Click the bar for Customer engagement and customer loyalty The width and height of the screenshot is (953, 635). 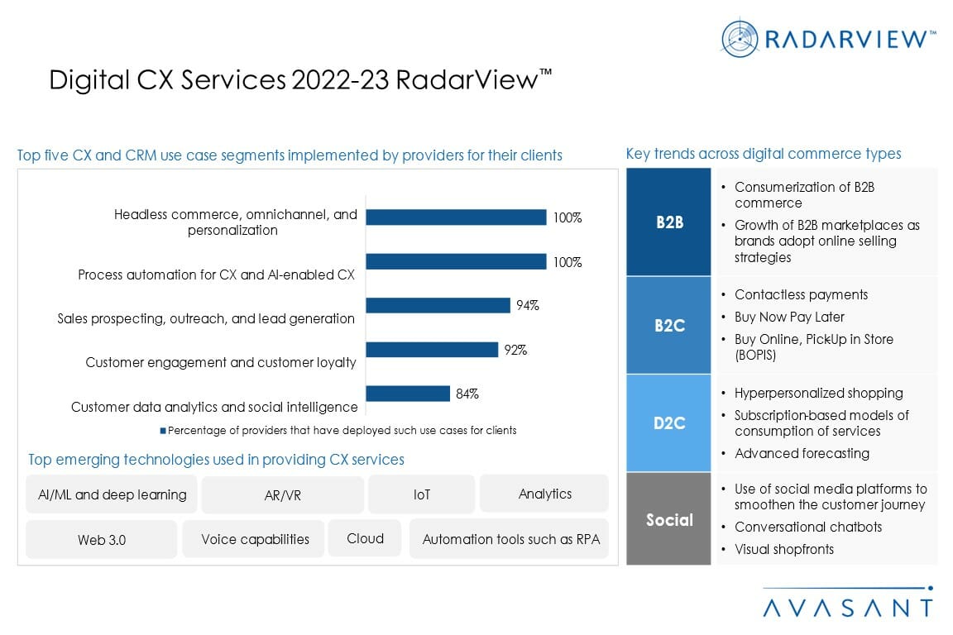(431, 350)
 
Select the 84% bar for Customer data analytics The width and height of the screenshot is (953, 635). (407, 394)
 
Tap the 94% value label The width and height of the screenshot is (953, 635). (527, 305)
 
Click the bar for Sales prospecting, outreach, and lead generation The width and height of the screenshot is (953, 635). (438, 305)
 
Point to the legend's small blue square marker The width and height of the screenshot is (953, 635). (163, 431)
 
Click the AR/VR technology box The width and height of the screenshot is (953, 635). (282, 494)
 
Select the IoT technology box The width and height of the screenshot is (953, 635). (421, 494)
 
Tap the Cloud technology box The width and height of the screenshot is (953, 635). (365, 538)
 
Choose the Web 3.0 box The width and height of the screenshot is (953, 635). (102, 539)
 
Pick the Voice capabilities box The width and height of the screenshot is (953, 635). (255, 539)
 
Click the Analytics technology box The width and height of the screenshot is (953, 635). (544, 494)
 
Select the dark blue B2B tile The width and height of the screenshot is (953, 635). (668, 222)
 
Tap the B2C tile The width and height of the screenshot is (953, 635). (668, 325)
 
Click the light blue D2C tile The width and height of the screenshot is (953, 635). (668, 423)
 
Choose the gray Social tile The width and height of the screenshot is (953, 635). (668, 519)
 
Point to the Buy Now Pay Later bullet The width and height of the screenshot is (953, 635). (789, 317)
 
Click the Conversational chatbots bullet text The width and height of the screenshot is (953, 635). (807, 527)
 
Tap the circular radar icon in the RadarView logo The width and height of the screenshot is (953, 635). (740, 38)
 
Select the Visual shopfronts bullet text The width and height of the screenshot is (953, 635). (783, 549)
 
